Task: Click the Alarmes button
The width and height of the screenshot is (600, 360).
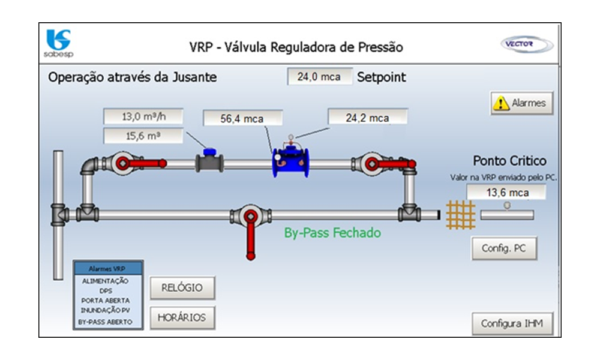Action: click(x=521, y=103)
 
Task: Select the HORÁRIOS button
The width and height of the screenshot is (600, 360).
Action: click(x=182, y=317)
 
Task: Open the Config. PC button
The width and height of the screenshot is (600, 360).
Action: click(x=504, y=248)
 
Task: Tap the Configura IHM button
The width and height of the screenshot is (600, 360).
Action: click(x=512, y=324)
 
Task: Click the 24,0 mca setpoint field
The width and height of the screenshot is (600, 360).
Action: click(x=319, y=77)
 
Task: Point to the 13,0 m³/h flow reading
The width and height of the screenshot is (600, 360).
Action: click(x=143, y=116)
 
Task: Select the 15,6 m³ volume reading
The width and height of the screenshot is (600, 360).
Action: click(x=143, y=136)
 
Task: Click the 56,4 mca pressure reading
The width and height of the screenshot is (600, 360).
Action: click(x=242, y=118)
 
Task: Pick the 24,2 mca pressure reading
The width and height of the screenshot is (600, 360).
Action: click(x=367, y=118)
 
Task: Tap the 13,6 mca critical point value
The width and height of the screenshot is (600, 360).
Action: click(x=506, y=193)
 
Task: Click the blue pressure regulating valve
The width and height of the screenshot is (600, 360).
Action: click(x=290, y=161)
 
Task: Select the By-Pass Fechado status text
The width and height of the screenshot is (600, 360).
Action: click(x=332, y=233)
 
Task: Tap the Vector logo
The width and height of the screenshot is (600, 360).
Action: click(x=519, y=44)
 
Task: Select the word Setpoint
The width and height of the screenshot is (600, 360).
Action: click(x=382, y=77)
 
